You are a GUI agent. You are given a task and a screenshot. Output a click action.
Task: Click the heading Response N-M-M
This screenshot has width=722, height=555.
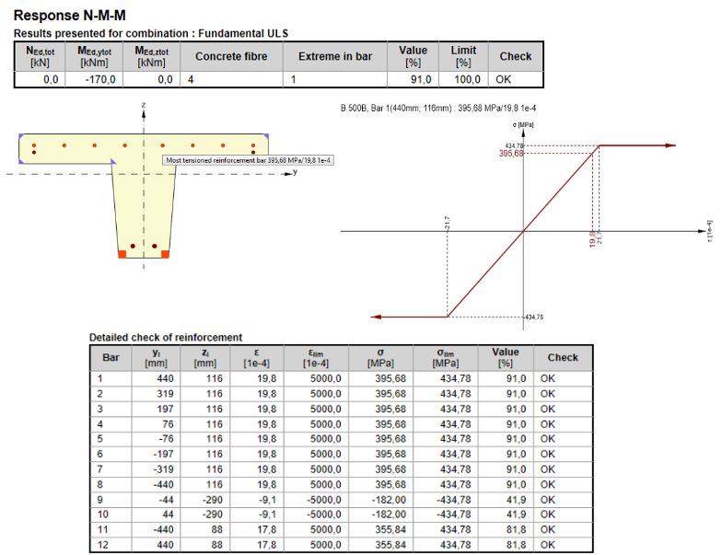(70, 16)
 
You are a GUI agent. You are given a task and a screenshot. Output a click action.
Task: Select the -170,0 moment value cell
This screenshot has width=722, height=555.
(99, 79)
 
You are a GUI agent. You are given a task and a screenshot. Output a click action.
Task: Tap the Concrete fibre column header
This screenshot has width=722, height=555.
(231, 56)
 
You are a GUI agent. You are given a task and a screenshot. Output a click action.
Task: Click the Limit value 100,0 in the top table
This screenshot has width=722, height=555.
(467, 79)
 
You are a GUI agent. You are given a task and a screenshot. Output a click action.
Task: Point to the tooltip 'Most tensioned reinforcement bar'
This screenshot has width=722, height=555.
(249, 160)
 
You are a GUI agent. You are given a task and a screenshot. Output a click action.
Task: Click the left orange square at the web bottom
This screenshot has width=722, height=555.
(122, 254)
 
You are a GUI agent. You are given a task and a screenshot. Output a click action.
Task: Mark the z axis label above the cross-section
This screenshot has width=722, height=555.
(144, 105)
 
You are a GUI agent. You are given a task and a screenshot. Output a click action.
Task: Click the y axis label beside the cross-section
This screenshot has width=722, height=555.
(295, 171)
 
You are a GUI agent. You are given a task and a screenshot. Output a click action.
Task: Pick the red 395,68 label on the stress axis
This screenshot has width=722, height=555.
(511, 153)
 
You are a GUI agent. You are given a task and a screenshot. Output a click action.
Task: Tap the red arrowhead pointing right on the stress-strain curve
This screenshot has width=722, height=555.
(670, 145)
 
